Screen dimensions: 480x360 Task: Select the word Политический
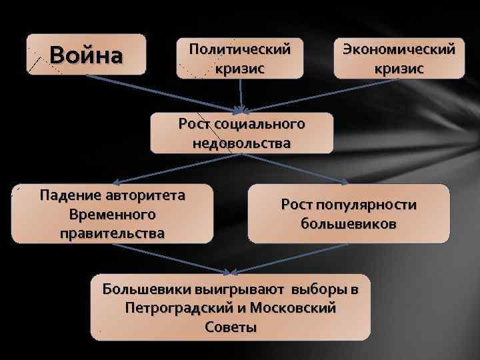click(240, 49)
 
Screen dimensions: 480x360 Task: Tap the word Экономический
click(399, 49)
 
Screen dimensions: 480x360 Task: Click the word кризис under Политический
click(240, 68)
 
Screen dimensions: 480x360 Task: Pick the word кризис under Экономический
click(399, 68)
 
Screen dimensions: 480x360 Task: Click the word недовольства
click(241, 142)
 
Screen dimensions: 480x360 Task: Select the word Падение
click(69, 196)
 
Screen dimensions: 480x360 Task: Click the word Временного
click(112, 215)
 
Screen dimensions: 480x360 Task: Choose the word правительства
click(112, 233)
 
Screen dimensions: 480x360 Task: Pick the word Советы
click(231, 327)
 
